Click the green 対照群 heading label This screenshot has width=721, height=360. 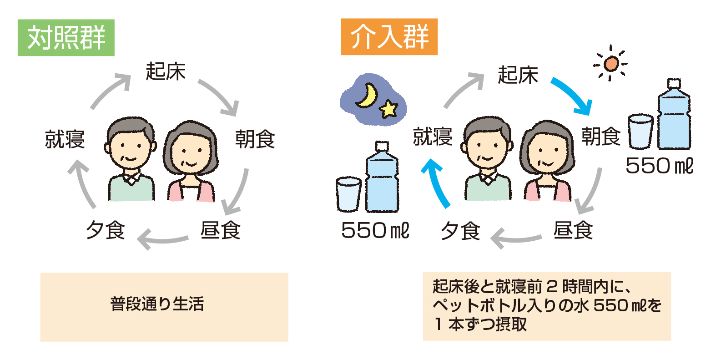pyautogui.click(x=66, y=38)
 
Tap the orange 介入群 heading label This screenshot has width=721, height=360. pyautogui.click(x=389, y=37)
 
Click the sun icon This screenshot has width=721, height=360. pyautogui.click(x=610, y=64)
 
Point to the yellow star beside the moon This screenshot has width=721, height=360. pyautogui.click(x=388, y=109)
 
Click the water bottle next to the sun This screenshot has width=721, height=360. pyautogui.click(x=674, y=116)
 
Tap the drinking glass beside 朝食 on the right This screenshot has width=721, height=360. pyautogui.click(x=640, y=132)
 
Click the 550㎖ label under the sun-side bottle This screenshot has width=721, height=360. pyautogui.click(x=659, y=166)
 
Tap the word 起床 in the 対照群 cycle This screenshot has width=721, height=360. pyautogui.click(x=166, y=71)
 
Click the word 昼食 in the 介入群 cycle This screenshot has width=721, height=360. pyautogui.click(x=573, y=230)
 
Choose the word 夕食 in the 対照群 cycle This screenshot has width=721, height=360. pyautogui.click(x=106, y=230)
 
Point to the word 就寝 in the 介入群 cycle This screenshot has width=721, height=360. pyautogui.click(x=432, y=137)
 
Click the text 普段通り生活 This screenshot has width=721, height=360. pyautogui.click(x=157, y=304)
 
